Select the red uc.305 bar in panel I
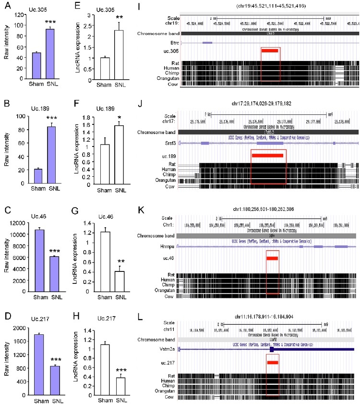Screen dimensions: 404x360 coord(270,50)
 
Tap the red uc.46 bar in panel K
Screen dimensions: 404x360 coord(272,258)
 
